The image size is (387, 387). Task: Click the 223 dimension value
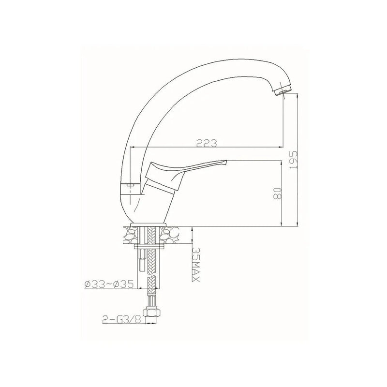pos(206,143)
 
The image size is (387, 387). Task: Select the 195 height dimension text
pos(292,158)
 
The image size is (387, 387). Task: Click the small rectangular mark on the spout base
pos(130,185)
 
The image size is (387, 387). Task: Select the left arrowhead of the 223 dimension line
pos(133,147)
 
